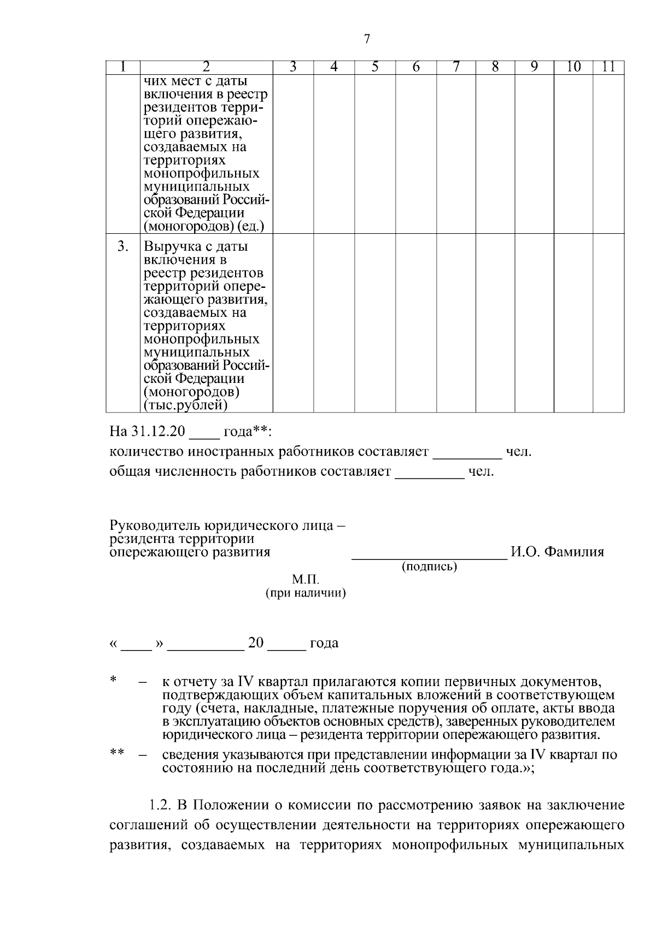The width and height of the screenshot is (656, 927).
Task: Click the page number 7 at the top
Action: [x=367, y=39]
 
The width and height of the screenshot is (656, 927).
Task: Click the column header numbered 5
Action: [x=374, y=67]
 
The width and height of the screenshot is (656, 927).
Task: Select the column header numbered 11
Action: [x=608, y=67]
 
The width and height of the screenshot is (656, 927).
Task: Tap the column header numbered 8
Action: [x=495, y=67]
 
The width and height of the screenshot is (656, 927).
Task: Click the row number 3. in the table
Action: [x=123, y=246]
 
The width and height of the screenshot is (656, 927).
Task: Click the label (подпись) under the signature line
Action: [x=429, y=566]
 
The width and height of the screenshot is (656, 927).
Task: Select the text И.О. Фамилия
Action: [x=557, y=552]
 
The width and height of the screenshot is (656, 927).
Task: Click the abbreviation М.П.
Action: [x=305, y=580]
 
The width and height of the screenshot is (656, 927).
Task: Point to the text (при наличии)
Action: [x=305, y=593]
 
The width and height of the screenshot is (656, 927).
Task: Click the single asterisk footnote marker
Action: [x=113, y=680]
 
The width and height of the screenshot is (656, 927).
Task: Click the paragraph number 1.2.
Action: [x=160, y=805]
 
